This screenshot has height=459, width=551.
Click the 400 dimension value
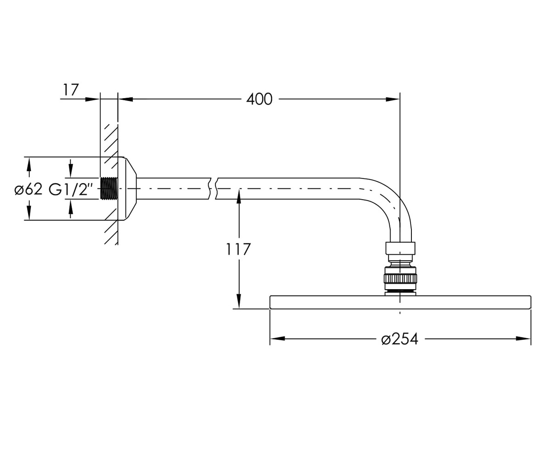click(259, 100)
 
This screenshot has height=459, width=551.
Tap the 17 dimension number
click(71, 90)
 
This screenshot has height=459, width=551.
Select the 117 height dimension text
click(238, 249)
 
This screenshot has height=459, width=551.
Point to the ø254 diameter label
click(400, 339)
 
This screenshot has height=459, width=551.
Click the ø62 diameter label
click(28, 189)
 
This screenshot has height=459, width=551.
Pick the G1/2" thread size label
click(71, 189)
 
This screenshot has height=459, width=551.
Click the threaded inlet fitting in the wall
click(109, 188)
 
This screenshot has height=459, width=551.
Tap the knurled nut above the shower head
click(400, 278)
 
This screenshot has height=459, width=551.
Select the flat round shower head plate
click(400, 302)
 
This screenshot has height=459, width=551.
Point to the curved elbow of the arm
click(388, 203)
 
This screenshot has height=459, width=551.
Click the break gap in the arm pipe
click(213, 188)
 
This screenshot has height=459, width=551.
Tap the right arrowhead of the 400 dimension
click(393, 100)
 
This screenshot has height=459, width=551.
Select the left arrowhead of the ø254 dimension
click(277, 338)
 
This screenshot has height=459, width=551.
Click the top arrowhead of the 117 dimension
click(239, 196)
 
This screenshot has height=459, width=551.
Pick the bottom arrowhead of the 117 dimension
click(239, 301)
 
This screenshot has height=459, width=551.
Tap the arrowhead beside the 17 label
click(92, 100)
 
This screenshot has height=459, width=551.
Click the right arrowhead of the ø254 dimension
click(523, 338)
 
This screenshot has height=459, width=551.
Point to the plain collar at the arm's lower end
click(400, 248)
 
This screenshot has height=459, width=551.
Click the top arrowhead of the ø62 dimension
click(29, 164)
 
